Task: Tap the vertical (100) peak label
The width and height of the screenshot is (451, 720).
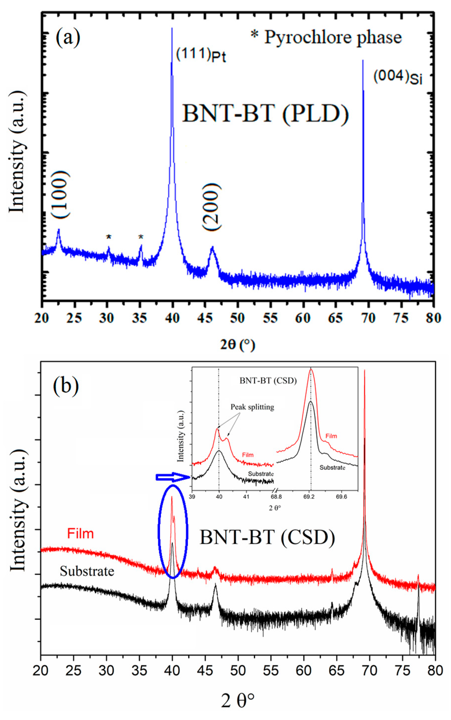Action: (60, 195)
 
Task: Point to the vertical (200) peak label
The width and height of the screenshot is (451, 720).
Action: (212, 207)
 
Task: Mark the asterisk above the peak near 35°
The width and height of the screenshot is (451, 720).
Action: (141, 237)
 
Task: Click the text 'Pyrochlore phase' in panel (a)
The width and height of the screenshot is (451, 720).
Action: (333, 38)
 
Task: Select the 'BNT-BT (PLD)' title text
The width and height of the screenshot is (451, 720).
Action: (265, 114)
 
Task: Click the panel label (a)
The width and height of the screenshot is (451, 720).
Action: (68, 38)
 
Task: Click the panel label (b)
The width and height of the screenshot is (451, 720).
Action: (66, 386)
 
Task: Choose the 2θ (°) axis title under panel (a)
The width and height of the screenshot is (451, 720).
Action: (238, 345)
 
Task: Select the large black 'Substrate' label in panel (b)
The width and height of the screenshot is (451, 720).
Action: (87, 571)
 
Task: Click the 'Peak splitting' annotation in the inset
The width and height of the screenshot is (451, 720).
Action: (252, 407)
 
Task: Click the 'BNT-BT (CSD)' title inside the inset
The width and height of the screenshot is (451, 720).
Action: (268, 381)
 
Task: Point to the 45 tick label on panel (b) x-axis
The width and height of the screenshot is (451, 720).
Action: (205, 670)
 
